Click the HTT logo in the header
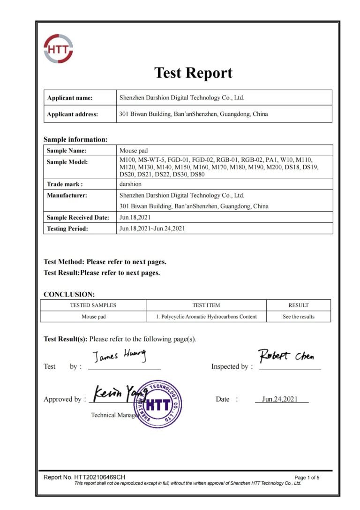pos(58,49)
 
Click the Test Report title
pos(193,73)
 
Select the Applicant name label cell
pos(70,98)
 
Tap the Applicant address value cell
pos(194,114)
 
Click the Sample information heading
pos(75,139)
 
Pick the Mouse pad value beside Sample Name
pos(134,151)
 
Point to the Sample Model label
pos(67,162)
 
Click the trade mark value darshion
pos(131,184)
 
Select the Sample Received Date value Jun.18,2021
pos(135,218)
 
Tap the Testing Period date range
pos(152,229)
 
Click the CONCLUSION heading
pos(69,295)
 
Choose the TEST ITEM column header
pos(206,305)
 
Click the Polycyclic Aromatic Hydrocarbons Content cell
pos(206,317)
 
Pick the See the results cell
pos(298,317)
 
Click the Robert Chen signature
pos(286,356)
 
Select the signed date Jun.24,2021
pos(280,399)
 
